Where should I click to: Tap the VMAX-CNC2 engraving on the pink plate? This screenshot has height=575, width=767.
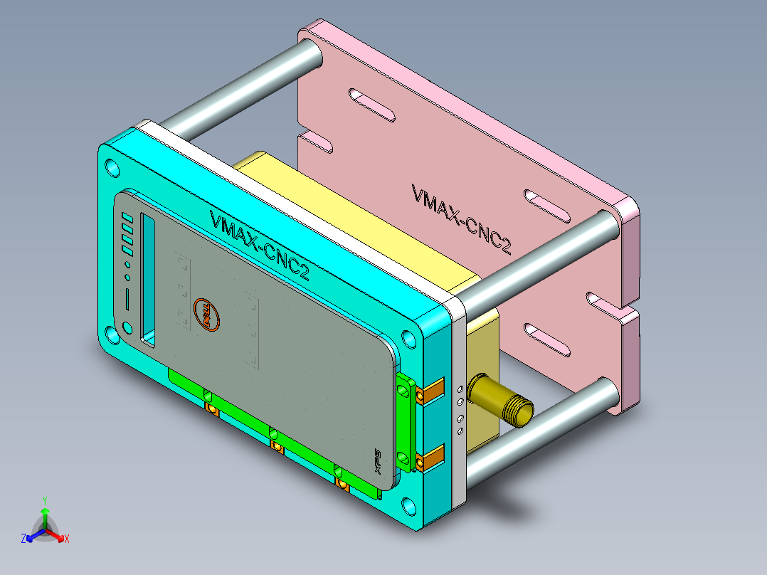pyautogui.click(x=461, y=218)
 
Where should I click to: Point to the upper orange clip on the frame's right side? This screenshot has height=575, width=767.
pyautogui.click(x=432, y=393)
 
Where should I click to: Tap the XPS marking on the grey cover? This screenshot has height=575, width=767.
pyautogui.click(x=379, y=461)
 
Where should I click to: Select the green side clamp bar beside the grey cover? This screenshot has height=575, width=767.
pyautogui.click(x=406, y=423)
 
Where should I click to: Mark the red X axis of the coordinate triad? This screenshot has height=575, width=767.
pyautogui.click(x=60, y=536)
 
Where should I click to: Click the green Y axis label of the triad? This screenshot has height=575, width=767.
pyautogui.click(x=44, y=500)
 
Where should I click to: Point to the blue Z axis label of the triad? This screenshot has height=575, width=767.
pyautogui.click(x=23, y=539)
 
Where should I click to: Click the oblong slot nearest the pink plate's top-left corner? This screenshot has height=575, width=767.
pyautogui.click(x=371, y=105)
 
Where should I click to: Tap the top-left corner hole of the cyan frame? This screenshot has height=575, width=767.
pyautogui.click(x=112, y=169)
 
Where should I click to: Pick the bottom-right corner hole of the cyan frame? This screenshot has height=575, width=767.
pyautogui.click(x=410, y=506)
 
